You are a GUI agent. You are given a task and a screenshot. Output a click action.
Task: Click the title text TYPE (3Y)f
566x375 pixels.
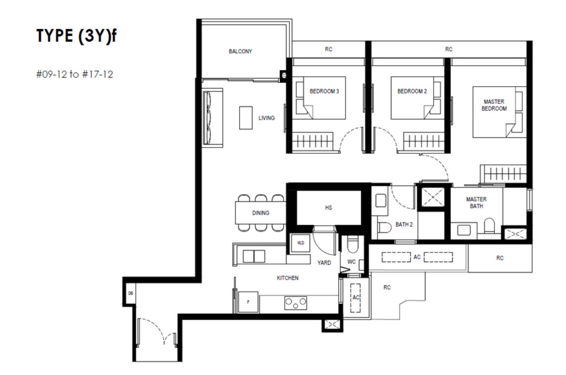(x=76, y=36)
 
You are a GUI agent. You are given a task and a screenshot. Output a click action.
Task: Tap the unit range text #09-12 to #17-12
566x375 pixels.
(x=74, y=74)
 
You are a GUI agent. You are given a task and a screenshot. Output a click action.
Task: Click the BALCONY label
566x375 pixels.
(x=240, y=51)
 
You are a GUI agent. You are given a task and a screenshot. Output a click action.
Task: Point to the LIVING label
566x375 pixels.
(x=266, y=118)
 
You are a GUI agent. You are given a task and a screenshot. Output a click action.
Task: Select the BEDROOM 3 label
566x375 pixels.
(x=324, y=91)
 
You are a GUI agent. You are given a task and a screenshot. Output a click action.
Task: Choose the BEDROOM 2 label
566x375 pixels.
(x=412, y=91)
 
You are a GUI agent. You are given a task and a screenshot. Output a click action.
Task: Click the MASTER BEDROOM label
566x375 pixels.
(x=494, y=105)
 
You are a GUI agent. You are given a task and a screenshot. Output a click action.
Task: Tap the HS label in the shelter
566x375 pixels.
(x=328, y=208)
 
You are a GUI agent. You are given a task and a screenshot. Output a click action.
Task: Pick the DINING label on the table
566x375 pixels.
(x=261, y=213)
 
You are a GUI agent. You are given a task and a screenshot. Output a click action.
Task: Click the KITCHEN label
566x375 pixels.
(x=288, y=278)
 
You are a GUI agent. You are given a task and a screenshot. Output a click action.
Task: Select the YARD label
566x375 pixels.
(x=324, y=263)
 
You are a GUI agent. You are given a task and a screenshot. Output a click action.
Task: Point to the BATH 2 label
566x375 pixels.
(x=404, y=224)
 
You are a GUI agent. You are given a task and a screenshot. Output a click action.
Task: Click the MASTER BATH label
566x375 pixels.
(x=476, y=203)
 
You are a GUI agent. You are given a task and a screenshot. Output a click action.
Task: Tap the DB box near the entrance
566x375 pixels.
(x=130, y=293)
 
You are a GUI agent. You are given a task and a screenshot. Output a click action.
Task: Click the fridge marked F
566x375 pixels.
(x=248, y=302)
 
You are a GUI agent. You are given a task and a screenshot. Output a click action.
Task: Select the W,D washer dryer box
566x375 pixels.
(x=300, y=243)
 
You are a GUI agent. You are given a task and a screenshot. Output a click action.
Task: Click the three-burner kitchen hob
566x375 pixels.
(x=295, y=303)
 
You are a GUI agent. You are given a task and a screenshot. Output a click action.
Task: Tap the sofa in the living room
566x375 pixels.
(x=212, y=118)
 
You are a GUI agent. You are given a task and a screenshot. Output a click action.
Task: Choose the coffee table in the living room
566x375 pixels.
(x=246, y=118)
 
